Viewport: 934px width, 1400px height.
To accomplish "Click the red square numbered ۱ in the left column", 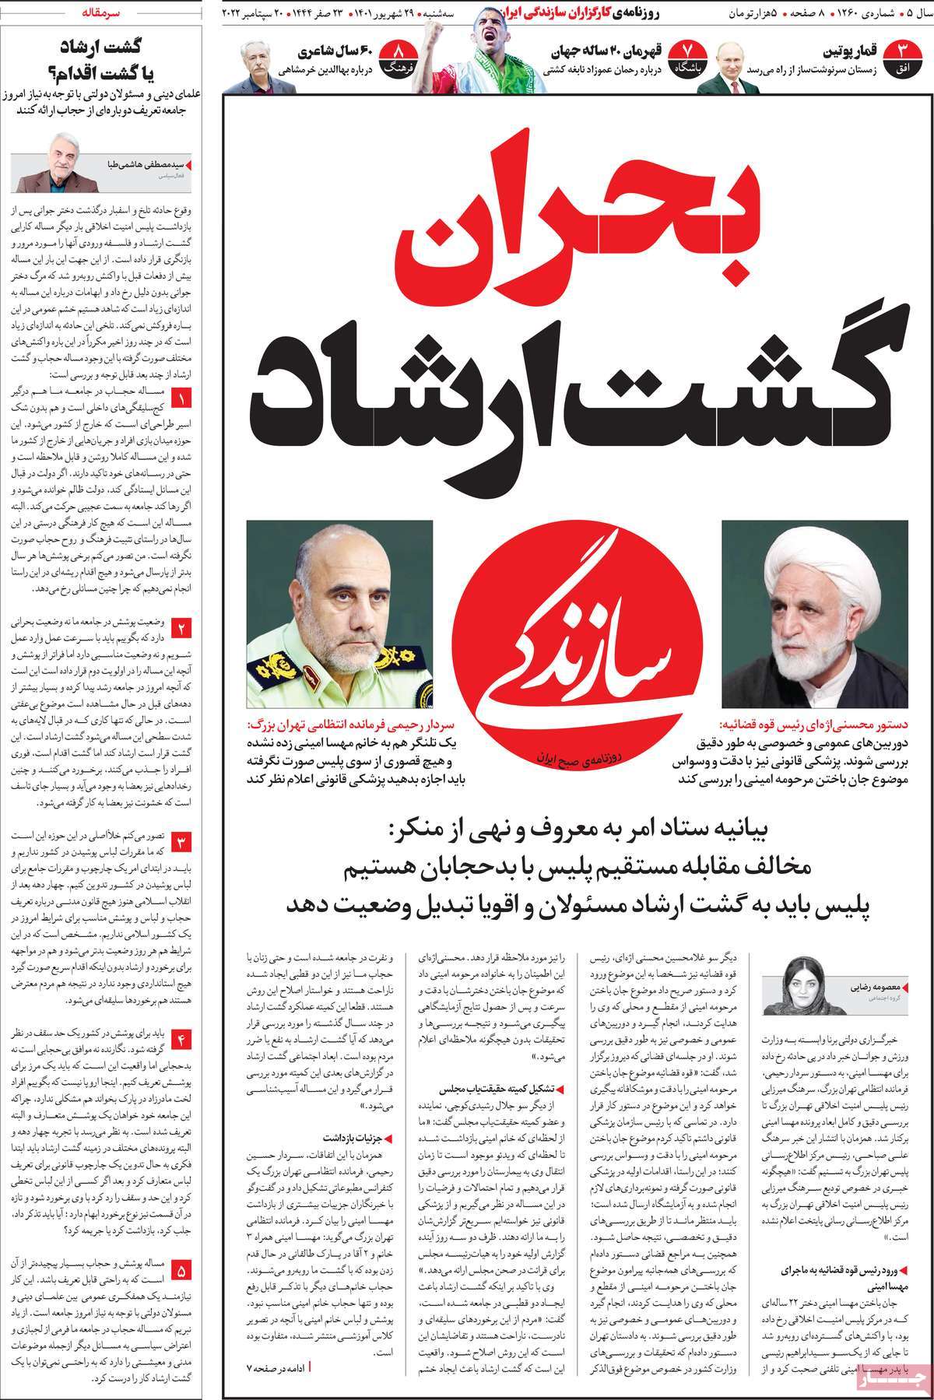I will coord(181,401).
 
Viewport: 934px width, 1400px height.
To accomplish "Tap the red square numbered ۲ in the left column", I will coord(181,627).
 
